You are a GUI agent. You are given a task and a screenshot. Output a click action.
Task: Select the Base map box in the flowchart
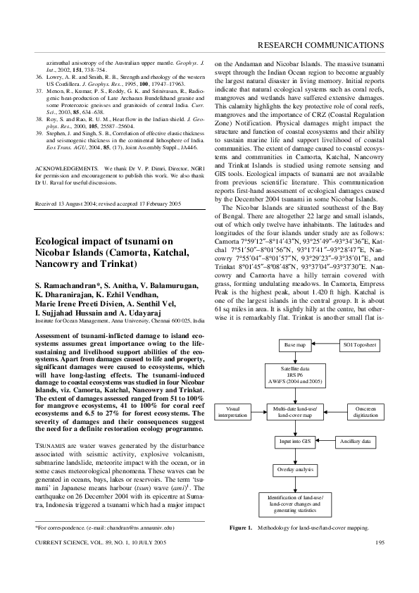click(295, 347)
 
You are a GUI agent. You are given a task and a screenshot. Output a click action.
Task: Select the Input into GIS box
click(295, 442)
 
